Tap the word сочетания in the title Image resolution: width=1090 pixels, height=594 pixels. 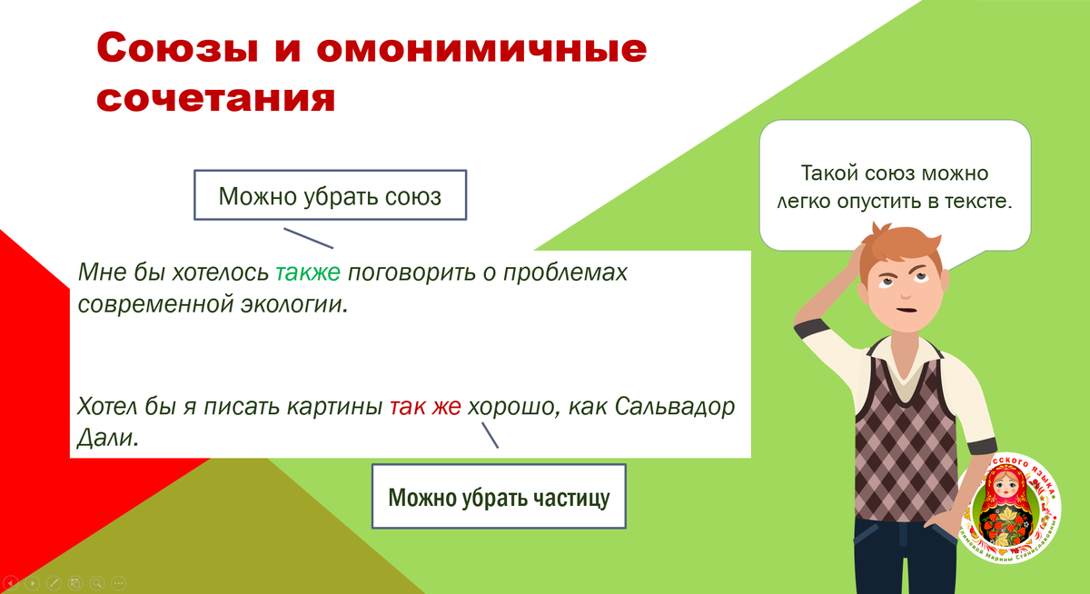[x=215, y=97]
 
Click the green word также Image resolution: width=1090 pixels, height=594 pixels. [x=307, y=272]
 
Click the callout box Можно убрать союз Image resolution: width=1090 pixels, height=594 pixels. [x=330, y=195]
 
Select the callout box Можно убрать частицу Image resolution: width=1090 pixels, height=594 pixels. [x=499, y=497]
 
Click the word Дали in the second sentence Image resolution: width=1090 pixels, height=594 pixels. [x=105, y=439]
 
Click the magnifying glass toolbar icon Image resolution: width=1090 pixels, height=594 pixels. [x=96, y=583]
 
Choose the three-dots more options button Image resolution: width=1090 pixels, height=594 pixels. [x=118, y=583]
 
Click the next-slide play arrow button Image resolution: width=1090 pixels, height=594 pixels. [x=33, y=583]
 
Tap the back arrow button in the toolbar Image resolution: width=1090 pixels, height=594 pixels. [x=12, y=583]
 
